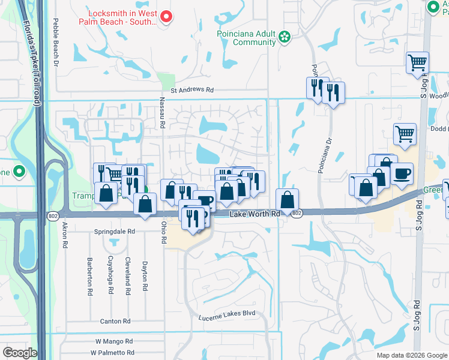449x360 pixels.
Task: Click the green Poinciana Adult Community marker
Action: [x=284, y=38]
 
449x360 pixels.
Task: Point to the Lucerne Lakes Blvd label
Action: [x=228, y=313]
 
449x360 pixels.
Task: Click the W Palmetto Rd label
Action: [x=114, y=353]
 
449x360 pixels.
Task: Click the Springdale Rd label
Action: [x=115, y=231]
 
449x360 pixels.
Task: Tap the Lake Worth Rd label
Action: [x=255, y=214]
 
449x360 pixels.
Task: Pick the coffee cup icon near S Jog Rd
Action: [x=402, y=174]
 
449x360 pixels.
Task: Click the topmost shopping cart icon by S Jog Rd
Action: [x=417, y=62]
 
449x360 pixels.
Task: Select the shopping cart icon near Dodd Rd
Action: [x=405, y=135]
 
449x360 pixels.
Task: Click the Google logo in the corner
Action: [x=19, y=353]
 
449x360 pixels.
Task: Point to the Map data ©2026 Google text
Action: [x=412, y=355]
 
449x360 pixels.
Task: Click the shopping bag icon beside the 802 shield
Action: [x=288, y=199]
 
